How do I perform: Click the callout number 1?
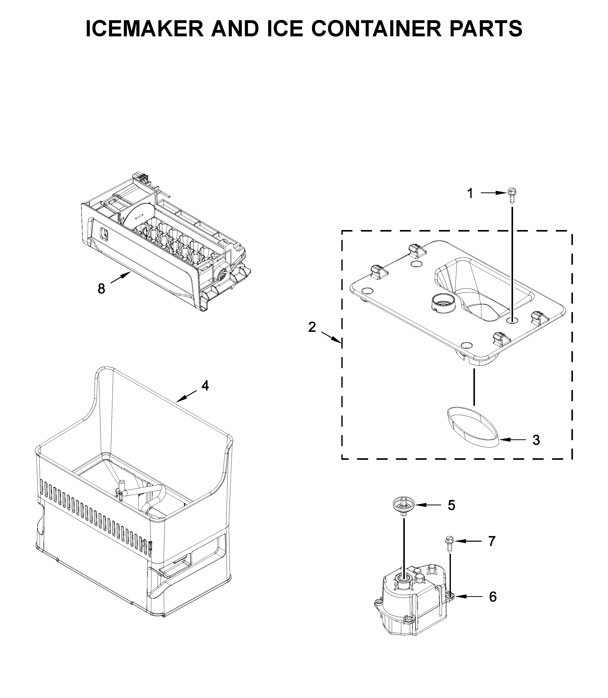(x=470, y=194)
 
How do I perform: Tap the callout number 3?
(x=536, y=440)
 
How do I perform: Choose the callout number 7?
(x=492, y=551)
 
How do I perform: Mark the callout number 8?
(x=101, y=289)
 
